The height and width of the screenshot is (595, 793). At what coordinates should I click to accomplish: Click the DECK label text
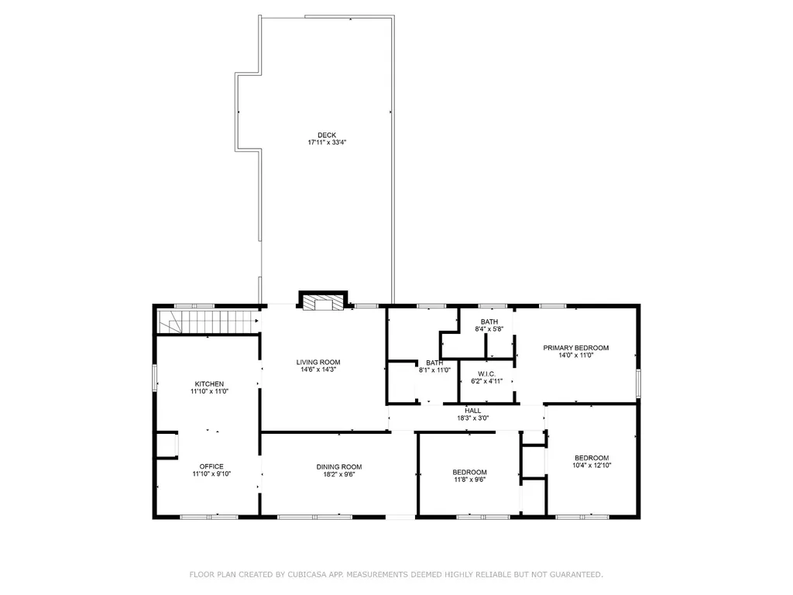point(327,135)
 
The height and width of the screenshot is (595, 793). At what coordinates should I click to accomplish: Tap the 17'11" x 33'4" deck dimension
point(327,143)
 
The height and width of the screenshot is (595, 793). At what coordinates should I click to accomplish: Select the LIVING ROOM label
point(318,363)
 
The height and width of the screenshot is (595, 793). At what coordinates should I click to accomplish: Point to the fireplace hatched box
point(323,303)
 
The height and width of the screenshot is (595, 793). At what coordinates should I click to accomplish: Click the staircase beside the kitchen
point(208,322)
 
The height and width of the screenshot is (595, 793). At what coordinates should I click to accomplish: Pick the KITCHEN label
point(209,384)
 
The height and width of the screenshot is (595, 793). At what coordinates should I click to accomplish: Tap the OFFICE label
point(211,466)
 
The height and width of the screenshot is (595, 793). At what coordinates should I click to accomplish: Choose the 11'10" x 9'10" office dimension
point(211,474)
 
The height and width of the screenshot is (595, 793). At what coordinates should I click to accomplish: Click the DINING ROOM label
point(339,467)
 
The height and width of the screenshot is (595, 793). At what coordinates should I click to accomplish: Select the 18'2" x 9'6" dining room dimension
point(339,475)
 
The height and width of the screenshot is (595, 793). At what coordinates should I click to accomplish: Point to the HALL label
point(473,411)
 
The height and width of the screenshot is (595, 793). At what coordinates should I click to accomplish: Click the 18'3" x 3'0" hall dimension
point(473,418)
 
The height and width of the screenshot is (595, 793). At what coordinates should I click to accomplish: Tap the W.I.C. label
point(486,374)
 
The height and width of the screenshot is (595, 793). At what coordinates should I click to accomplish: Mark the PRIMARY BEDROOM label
point(576,348)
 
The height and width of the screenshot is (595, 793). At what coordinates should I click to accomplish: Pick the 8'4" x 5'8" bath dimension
point(489,329)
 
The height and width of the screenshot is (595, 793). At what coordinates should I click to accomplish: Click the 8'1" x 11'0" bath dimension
point(434,370)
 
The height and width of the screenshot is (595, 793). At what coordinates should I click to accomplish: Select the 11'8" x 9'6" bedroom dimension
point(470,480)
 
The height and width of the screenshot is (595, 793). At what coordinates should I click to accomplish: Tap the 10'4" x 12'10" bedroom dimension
point(592,466)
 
